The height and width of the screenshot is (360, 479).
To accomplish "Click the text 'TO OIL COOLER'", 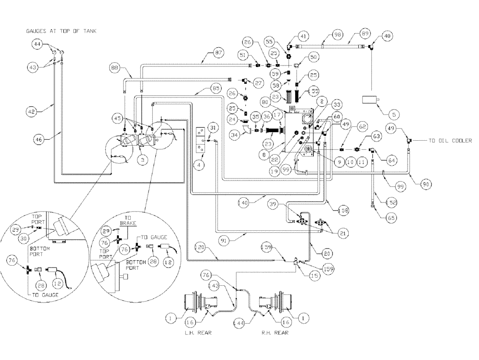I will click(450, 141).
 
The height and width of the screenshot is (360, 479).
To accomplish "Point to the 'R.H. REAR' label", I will click(275, 332).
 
